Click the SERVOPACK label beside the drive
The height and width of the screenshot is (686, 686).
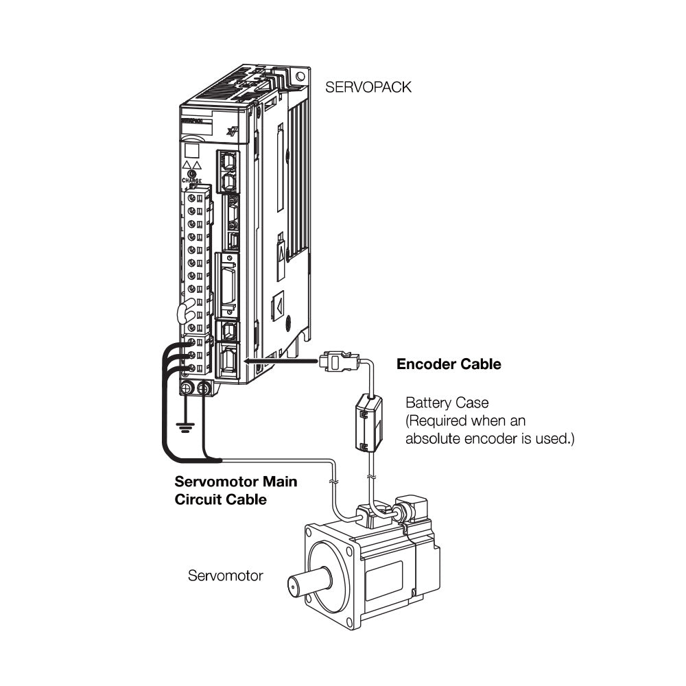coord(369,88)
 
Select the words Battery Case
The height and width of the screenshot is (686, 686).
coord(447,402)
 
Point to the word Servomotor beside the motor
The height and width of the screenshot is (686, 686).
coord(225,576)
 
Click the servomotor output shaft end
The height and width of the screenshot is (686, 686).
coord(296,587)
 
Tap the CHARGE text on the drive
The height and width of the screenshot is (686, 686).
coord(193,180)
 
